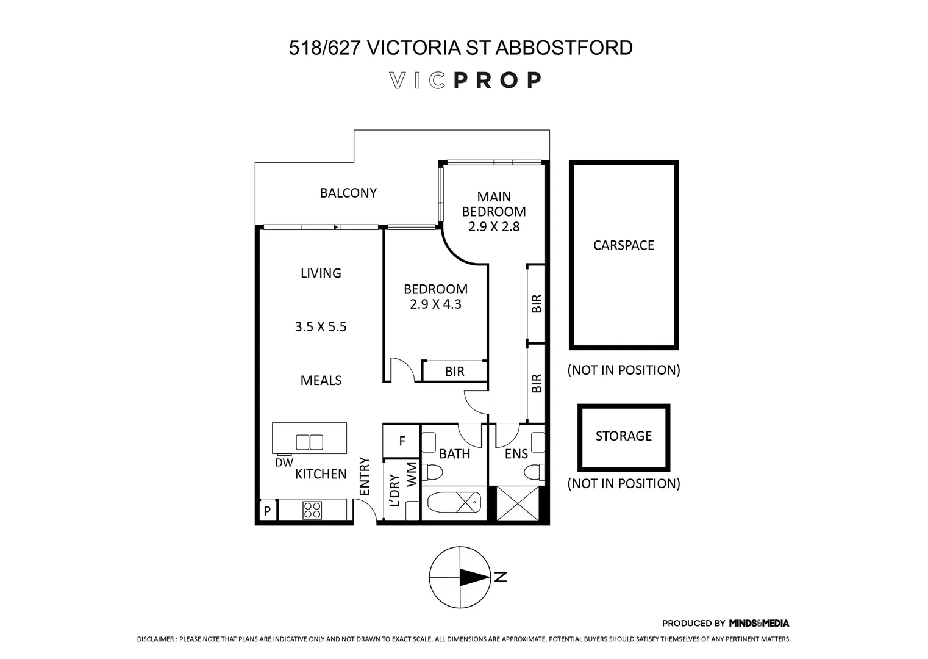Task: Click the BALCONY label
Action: tap(348, 193)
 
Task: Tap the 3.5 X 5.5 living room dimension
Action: tap(321, 326)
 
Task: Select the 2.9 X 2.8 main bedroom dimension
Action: tap(494, 227)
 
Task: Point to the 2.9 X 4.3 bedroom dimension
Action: tap(435, 304)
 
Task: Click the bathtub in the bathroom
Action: tap(454, 503)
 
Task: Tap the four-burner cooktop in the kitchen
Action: tap(312, 510)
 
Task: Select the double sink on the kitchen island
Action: tap(309, 441)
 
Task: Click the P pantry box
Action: tap(266, 511)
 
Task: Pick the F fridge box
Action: tap(401, 441)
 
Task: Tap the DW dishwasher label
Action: tap(284, 463)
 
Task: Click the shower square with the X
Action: tap(517, 503)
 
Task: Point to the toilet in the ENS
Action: tap(535, 472)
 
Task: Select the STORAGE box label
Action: tap(623, 436)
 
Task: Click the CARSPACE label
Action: tap(623, 245)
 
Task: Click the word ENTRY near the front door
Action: tap(365, 476)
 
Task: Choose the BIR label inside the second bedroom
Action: tap(454, 371)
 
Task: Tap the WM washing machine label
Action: tap(412, 474)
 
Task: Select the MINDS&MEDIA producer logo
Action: tap(758, 623)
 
